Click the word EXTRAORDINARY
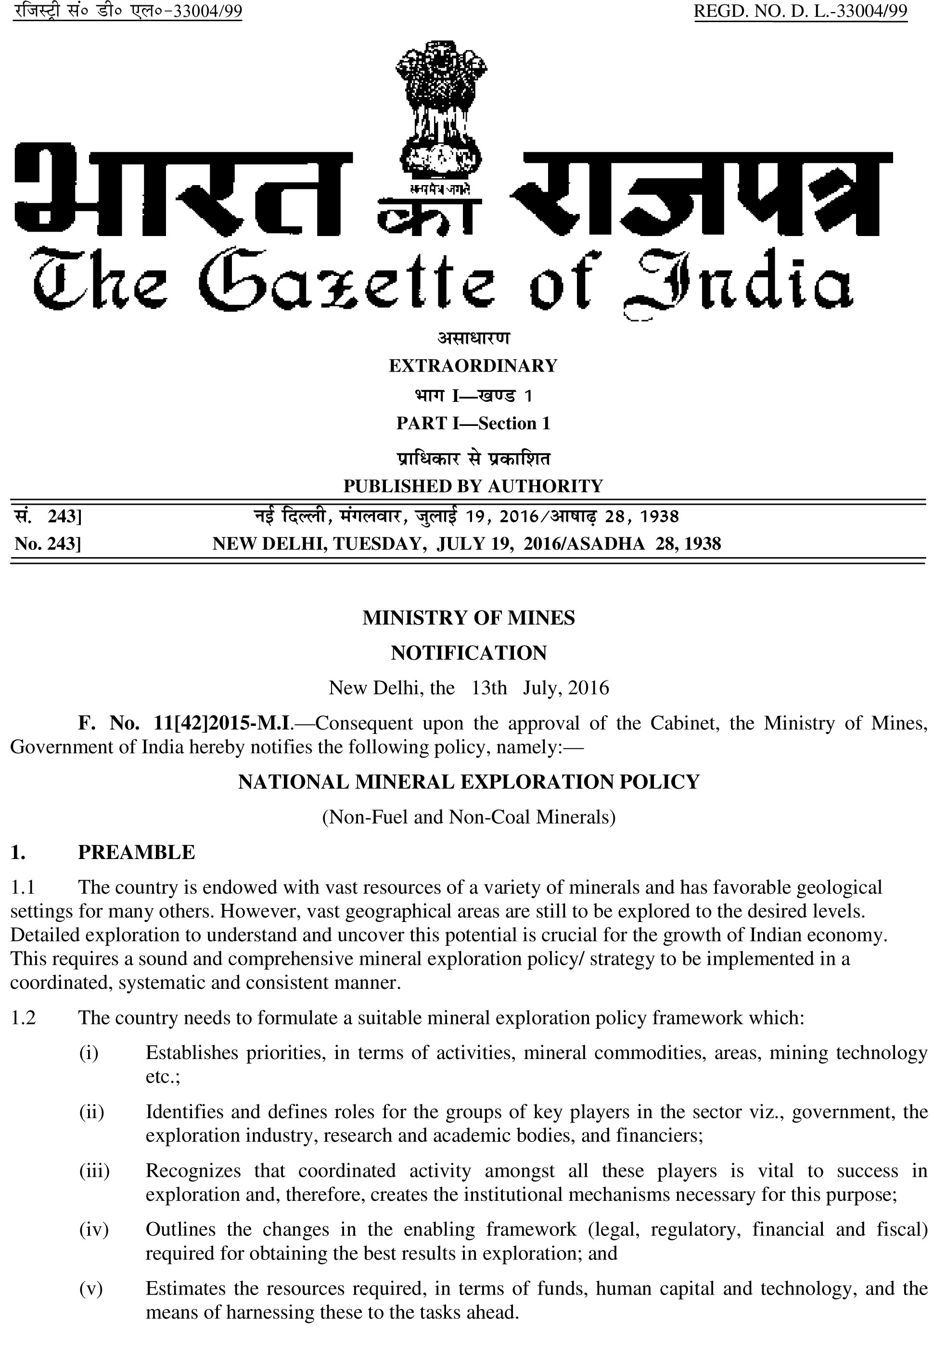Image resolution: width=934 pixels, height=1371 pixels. (473, 366)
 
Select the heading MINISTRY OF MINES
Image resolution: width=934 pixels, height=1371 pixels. (468, 618)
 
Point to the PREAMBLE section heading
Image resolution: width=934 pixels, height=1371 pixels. (136, 852)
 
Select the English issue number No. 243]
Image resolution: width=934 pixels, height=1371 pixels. (48, 543)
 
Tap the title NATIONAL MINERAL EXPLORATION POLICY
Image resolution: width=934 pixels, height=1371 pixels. (469, 782)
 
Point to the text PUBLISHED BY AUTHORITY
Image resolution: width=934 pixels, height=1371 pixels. (473, 486)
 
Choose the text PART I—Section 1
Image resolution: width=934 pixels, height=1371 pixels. (473, 423)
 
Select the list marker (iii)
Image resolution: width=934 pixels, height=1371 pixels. (94, 1171)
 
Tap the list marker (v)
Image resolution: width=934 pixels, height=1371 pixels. (91, 1288)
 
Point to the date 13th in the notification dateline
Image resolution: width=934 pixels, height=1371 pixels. (489, 688)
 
